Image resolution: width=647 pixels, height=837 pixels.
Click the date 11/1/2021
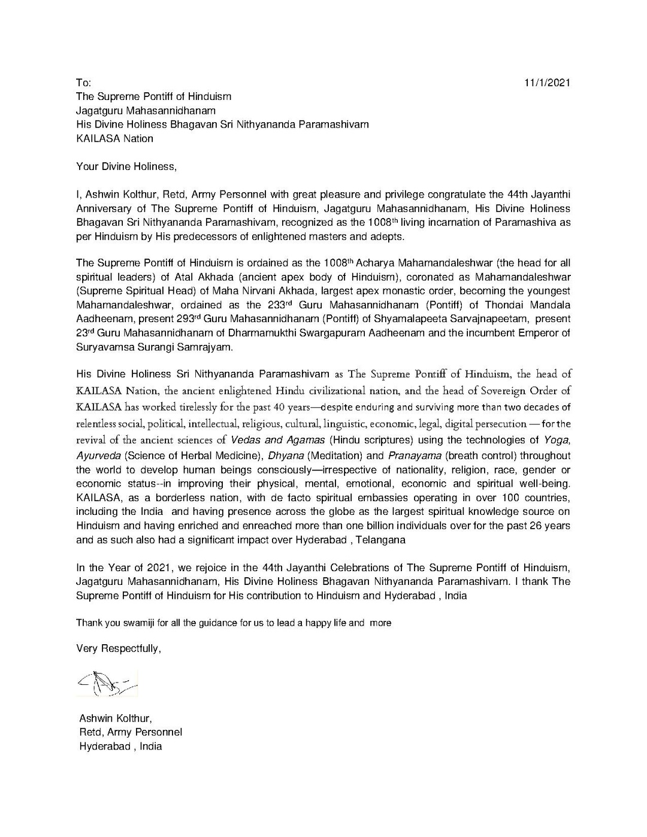point(547,83)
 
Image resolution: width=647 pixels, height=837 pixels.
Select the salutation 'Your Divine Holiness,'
point(126,166)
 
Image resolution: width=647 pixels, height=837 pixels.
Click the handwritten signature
point(107,683)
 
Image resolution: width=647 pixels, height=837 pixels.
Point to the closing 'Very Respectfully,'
point(119,648)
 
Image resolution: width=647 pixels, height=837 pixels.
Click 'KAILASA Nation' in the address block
point(114,139)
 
